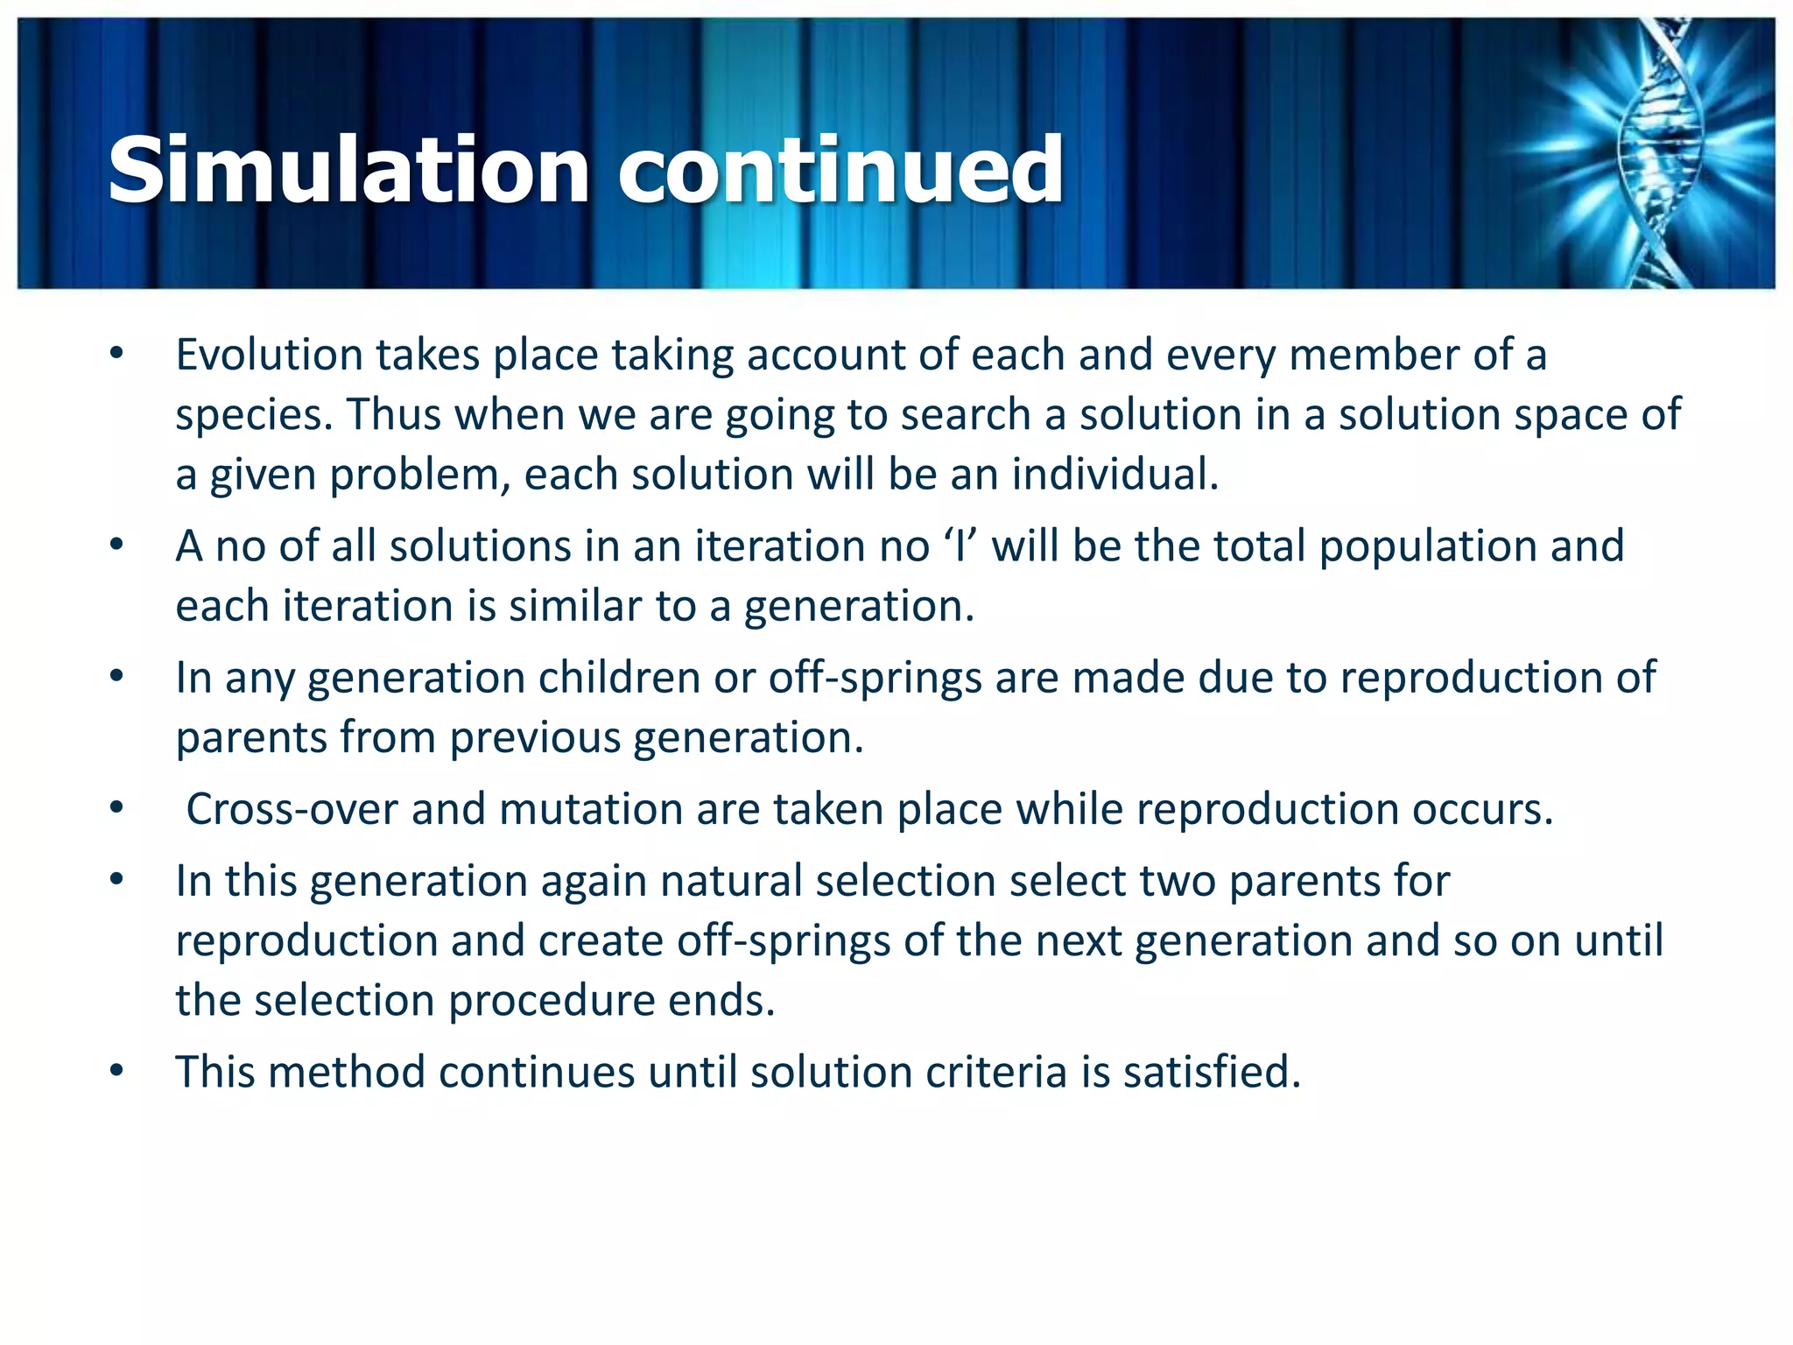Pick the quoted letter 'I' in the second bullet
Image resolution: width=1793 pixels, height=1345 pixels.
coord(960,546)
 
